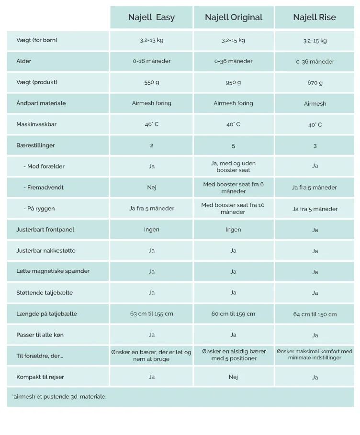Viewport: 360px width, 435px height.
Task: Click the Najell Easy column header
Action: (151, 18)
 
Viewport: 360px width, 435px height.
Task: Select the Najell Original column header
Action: (234, 18)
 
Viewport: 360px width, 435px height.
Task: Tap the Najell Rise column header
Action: (315, 18)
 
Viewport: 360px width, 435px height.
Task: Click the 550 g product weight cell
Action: (152, 82)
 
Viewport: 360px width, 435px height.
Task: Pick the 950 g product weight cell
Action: (234, 82)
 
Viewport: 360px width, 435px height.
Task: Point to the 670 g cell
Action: (315, 83)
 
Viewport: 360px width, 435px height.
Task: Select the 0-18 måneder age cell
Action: (152, 61)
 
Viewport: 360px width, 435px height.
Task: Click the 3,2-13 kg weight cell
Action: (152, 40)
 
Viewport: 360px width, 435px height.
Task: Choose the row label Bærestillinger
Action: (36, 145)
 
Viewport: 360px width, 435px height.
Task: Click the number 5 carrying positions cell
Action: (234, 145)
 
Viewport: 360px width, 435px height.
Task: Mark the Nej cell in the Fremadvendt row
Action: (152, 188)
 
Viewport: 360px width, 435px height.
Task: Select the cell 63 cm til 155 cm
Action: (152, 314)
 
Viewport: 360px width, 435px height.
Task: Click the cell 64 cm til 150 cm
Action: (315, 314)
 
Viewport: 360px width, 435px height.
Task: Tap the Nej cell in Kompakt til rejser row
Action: (234, 377)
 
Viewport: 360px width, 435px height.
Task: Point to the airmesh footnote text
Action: (59, 397)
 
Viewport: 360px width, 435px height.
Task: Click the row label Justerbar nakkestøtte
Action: (46, 251)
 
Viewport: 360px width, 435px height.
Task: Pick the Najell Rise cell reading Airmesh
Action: (315, 104)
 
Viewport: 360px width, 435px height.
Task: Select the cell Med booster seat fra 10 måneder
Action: (233, 209)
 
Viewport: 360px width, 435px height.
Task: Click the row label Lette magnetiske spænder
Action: (53, 271)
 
